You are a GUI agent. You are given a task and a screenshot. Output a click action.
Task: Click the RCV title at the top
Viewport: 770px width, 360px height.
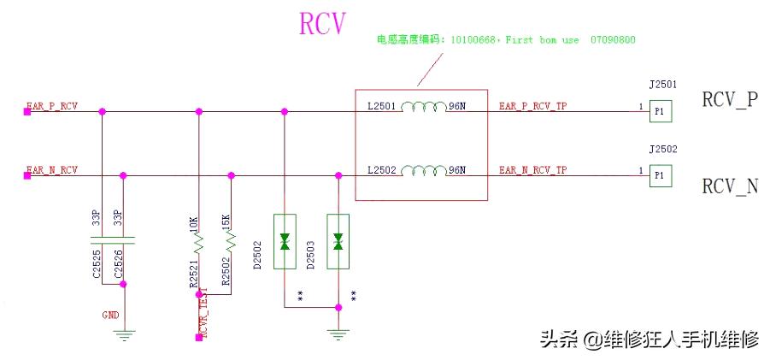click(322, 24)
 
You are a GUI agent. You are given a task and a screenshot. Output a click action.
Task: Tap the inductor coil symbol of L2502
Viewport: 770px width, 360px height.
click(423, 168)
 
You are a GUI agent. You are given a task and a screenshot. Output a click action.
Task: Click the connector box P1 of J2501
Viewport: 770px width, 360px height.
click(659, 111)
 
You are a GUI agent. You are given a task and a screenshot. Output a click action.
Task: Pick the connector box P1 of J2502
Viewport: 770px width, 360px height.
click(659, 175)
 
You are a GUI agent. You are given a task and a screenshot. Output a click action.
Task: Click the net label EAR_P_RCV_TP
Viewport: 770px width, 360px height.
click(532, 107)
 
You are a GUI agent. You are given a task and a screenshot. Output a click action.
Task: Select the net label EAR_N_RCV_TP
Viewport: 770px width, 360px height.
click(532, 170)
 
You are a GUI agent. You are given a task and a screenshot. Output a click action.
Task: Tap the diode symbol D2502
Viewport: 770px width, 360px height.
click(284, 241)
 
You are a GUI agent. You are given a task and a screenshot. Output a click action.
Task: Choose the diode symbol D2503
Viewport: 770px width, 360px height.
click(338, 241)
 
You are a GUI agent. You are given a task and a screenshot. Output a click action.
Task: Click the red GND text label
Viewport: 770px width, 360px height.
click(110, 315)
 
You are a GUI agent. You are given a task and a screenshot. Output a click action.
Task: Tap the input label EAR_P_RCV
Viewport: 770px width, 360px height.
click(52, 107)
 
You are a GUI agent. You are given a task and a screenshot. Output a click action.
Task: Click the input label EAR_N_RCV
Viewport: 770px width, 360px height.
click(52, 170)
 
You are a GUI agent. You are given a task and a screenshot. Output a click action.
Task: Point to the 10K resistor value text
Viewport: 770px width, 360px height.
click(193, 223)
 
